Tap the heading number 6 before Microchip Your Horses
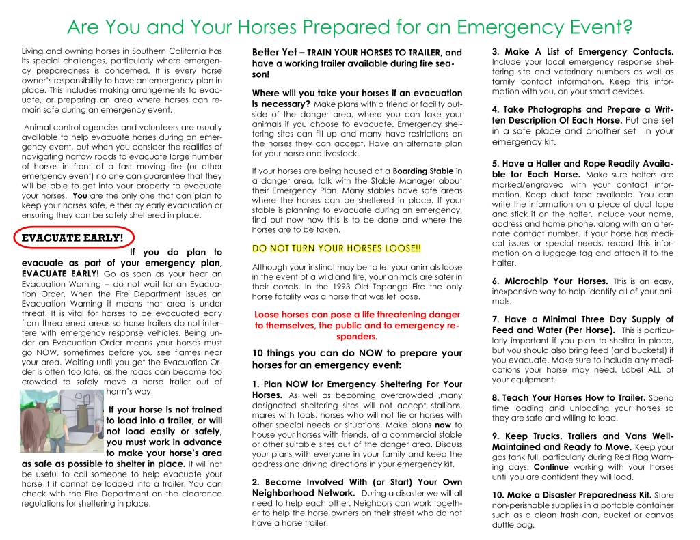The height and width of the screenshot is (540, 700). click(x=495, y=281)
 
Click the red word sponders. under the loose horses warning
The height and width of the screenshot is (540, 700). click(x=357, y=337)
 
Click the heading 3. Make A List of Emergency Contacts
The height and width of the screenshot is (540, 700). click(x=583, y=52)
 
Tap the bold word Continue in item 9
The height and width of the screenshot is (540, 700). click(x=552, y=467)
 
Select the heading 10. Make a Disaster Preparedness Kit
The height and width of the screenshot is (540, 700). click(x=571, y=494)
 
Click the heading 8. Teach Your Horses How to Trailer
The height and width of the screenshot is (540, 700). click(x=569, y=397)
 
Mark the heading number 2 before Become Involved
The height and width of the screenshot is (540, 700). click(x=255, y=482)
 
